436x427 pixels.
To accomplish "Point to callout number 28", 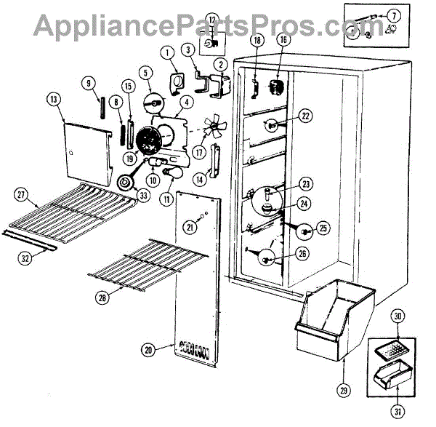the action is [x=102, y=296].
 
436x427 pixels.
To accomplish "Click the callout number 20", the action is [x=148, y=350].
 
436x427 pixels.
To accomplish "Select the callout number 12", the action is [x=211, y=20].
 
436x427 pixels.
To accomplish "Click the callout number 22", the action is [x=305, y=115].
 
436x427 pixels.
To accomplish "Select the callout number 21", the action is [x=190, y=228].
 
